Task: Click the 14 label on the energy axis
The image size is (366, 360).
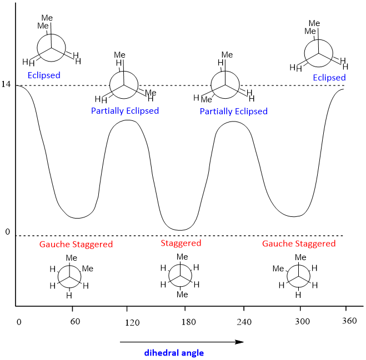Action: point(6,84)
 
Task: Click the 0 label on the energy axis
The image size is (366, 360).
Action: point(8,231)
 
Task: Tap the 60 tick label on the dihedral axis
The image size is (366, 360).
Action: point(72,322)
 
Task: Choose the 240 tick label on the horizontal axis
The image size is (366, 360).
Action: point(244,322)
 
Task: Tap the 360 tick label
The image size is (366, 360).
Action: point(349,322)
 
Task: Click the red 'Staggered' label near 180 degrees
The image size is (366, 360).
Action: point(181,243)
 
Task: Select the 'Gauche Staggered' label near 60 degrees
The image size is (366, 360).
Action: point(76,244)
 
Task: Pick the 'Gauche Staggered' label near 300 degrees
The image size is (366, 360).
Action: point(299,244)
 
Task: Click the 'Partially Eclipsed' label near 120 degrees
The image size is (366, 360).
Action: point(125,111)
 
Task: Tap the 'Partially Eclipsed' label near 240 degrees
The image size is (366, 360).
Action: point(234,111)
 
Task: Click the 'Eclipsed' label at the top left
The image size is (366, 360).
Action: point(44,75)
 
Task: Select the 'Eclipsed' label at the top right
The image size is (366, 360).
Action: point(329,78)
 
